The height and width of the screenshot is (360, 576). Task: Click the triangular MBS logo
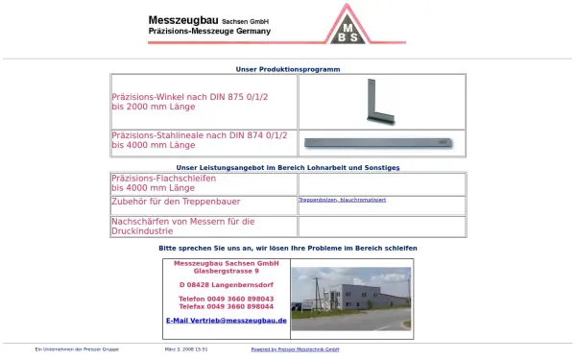(x=350, y=26)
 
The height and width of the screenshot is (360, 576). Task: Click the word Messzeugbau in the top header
(x=183, y=19)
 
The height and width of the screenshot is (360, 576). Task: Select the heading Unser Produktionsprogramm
(x=288, y=69)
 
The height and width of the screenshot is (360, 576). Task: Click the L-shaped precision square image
(x=375, y=102)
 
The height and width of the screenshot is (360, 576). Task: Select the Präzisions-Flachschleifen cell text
(x=164, y=178)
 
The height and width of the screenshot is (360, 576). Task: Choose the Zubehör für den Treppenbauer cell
(x=176, y=202)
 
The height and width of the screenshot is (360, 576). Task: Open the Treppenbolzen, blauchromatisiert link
(x=342, y=200)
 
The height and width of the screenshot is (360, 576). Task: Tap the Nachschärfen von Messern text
(x=182, y=222)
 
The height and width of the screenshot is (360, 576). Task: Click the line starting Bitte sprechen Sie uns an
(x=288, y=248)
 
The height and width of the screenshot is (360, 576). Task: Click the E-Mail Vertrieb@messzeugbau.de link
(x=227, y=320)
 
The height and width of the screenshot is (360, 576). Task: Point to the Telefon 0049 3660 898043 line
(x=227, y=299)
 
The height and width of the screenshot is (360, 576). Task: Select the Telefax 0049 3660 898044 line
(x=227, y=306)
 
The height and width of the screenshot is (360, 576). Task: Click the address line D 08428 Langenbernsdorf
(x=227, y=285)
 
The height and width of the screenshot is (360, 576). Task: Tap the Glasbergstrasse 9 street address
(x=227, y=271)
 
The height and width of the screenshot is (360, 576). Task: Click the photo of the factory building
(x=351, y=299)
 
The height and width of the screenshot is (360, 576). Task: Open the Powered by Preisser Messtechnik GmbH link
(x=295, y=349)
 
